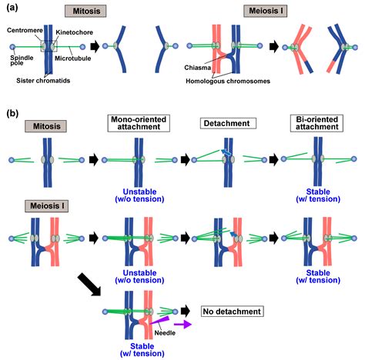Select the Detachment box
[224, 124]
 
